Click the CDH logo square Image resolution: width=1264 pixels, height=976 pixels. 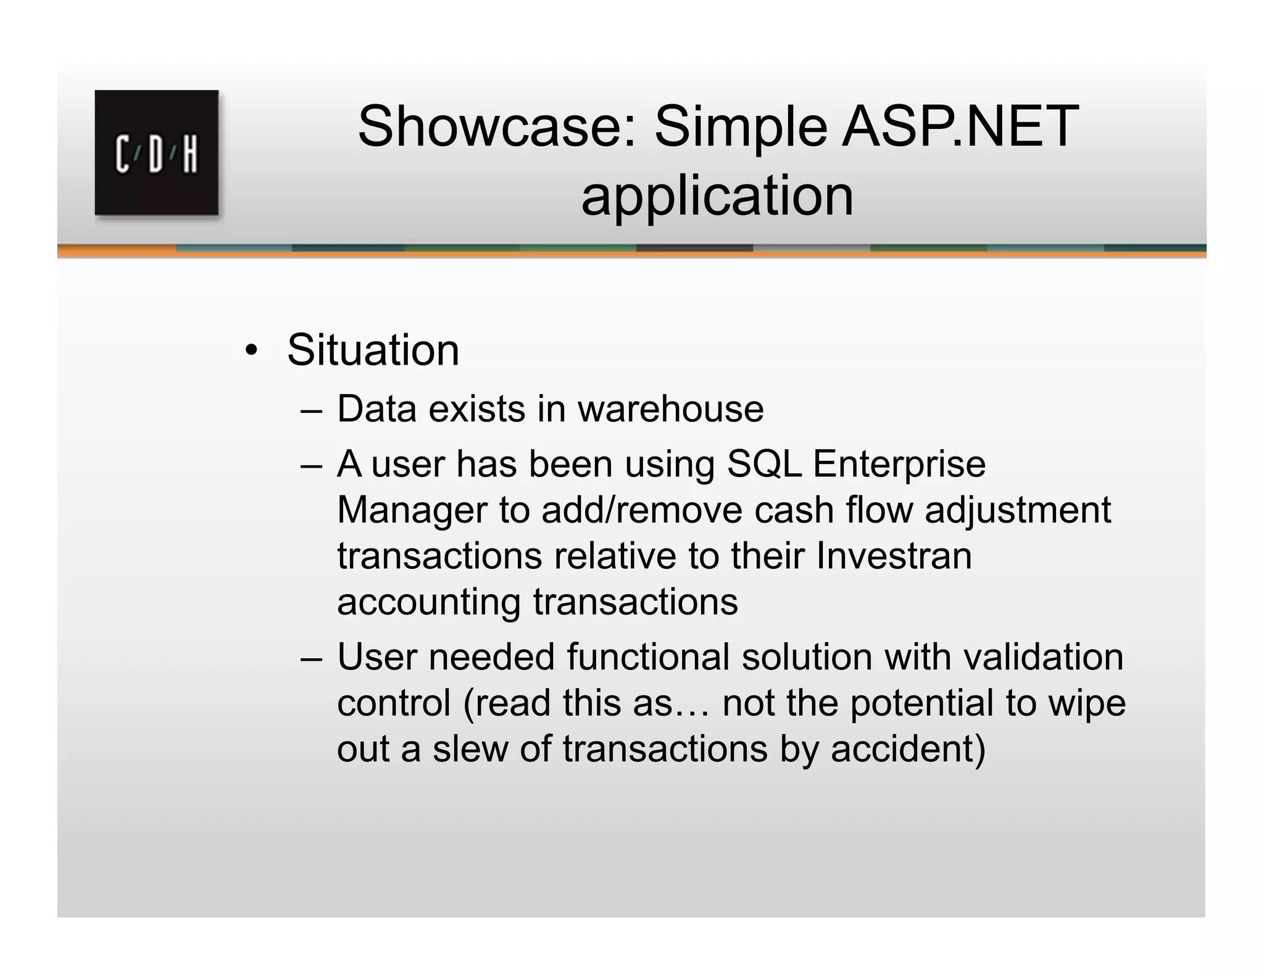pyautogui.click(x=156, y=152)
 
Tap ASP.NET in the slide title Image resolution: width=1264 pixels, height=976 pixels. pyautogui.click(x=960, y=126)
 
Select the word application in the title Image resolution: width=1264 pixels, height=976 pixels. pyautogui.click(x=717, y=196)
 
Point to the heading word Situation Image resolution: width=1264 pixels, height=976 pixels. pyautogui.click(x=373, y=350)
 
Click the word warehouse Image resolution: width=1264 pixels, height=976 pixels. pyautogui.click(x=670, y=409)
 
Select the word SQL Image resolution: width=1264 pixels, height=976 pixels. pyautogui.click(x=764, y=464)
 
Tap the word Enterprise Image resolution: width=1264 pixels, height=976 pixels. pyautogui.click(x=899, y=465)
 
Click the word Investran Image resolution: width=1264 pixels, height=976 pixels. pyautogui.click(x=894, y=556)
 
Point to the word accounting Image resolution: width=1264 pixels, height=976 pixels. pyautogui.click(x=428, y=603)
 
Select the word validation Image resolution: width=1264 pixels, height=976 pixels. pyautogui.click(x=1043, y=657)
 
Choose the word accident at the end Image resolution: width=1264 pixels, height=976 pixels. pyautogui.click(x=907, y=749)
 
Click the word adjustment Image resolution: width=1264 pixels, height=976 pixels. pyautogui.click(x=1017, y=511)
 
